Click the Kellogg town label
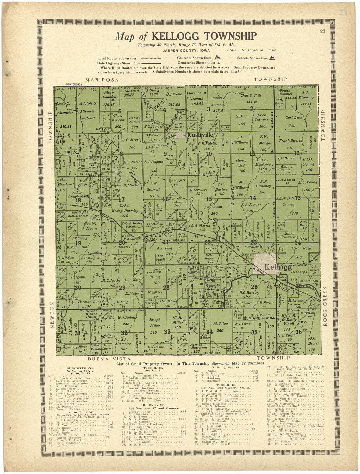tap(278, 267)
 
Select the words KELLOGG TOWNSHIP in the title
tap(205, 36)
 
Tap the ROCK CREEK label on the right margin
tap(325, 306)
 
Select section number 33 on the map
tap(167, 332)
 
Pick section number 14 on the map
tap(253, 198)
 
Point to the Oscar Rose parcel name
tap(294, 248)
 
